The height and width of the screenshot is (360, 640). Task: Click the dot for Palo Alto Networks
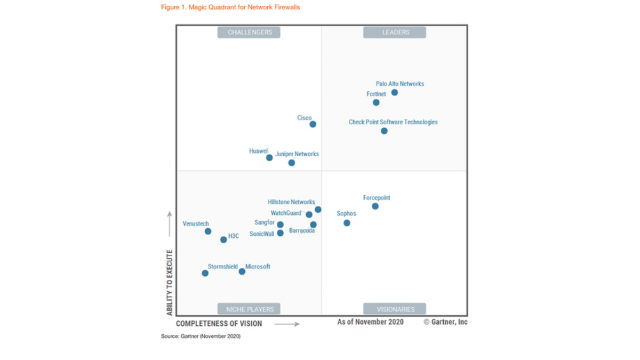click(394, 92)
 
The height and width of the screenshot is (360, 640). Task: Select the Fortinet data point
click(376, 102)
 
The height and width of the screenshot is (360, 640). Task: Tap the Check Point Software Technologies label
click(393, 122)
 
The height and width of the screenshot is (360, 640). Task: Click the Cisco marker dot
click(313, 124)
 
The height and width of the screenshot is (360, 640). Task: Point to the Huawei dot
click(269, 157)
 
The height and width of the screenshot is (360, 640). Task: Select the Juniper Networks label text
click(297, 154)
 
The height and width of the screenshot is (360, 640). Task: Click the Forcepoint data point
click(375, 206)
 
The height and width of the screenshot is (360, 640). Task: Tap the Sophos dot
click(347, 223)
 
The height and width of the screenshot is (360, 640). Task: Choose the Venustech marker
click(208, 231)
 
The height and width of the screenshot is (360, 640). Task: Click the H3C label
click(234, 236)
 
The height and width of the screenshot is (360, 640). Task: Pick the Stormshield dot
click(205, 273)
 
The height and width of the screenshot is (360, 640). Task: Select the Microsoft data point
click(242, 271)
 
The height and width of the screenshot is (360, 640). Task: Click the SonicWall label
click(262, 234)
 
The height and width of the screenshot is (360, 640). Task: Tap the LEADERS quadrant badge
click(395, 33)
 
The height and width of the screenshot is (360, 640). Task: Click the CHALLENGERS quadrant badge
click(249, 33)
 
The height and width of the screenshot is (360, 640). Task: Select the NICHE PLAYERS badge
click(249, 309)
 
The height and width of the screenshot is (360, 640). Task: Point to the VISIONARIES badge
click(395, 309)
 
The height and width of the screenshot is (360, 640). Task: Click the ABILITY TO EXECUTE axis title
click(170, 282)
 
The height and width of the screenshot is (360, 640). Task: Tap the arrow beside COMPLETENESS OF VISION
click(287, 324)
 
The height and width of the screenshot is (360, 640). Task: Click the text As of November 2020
click(370, 322)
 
